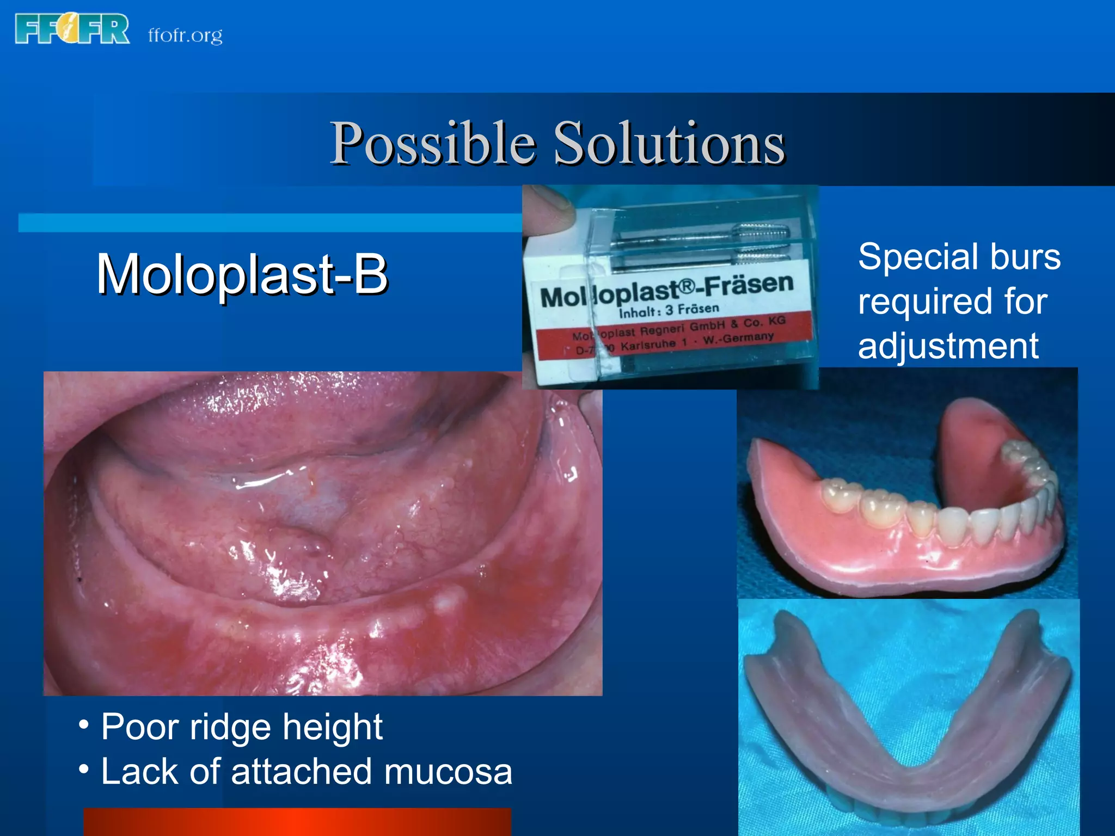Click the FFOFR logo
tap(72, 29)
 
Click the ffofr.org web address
tap(185, 35)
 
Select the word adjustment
tap(948, 346)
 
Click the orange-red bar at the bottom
tap(297, 822)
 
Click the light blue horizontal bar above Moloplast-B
tap(269, 223)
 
